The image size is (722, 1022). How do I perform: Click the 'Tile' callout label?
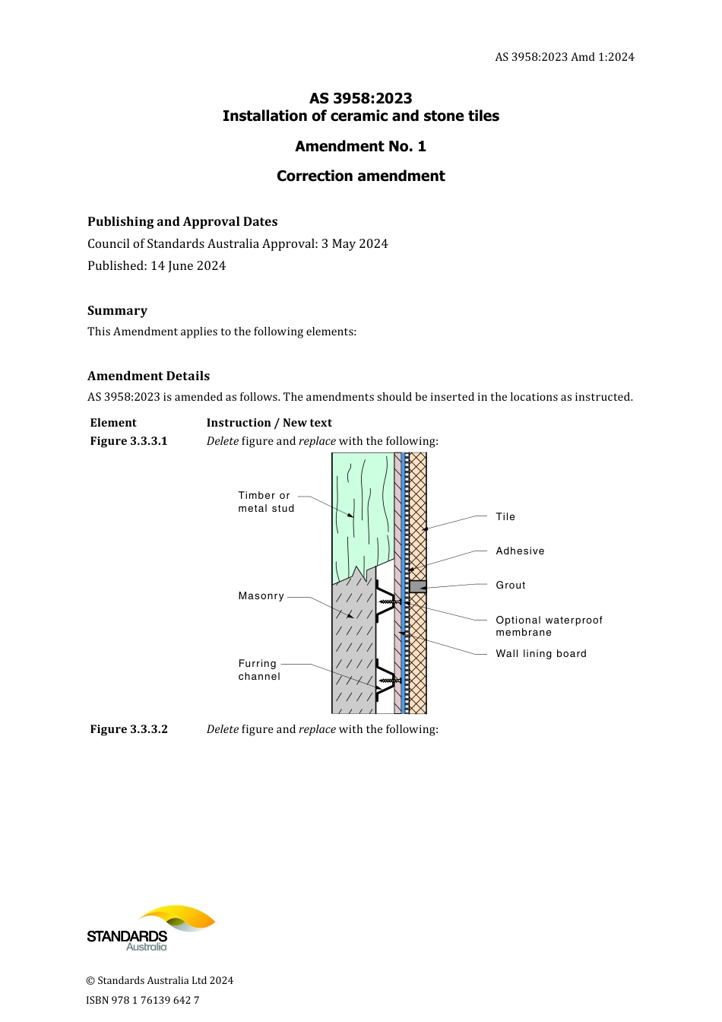pyautogui.click(x=505, y=517)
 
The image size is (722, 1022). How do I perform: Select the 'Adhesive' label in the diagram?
pyautogui.click(x=520, y=551)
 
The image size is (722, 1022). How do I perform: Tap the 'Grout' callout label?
pyautogui.click(x=511, y=586)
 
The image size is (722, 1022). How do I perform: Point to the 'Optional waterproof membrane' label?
pyautogui.click(x=548, y=626)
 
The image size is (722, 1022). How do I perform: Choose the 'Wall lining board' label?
pyautogui.click(x=541, y=654)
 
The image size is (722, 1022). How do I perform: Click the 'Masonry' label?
pyautogui.click(x=261, y=596)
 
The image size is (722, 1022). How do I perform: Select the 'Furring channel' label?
pyautogui.click(x=259, y=670)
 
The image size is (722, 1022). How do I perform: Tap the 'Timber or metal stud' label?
pyautogui.click(x=266, y=502)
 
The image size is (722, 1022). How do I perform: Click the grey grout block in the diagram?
pyautogui.click(x=418, y=586)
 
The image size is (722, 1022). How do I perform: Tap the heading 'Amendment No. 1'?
pyautogui.click(x=360, y=146)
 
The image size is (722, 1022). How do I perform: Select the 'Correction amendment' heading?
pyautogui.click(x=360, y=176)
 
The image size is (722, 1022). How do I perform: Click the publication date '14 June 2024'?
pyautogui.click(x=188, y=266)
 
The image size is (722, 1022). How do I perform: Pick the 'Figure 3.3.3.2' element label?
pyautogui.click(x=128, y=729)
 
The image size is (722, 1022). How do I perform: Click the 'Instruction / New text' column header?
pyautogui.click(x=269, y=423)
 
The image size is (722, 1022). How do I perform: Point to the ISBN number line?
pyautogui.click(x=143, y=1000)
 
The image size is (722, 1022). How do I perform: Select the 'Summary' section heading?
pyautogui.click(x=117, y=310)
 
